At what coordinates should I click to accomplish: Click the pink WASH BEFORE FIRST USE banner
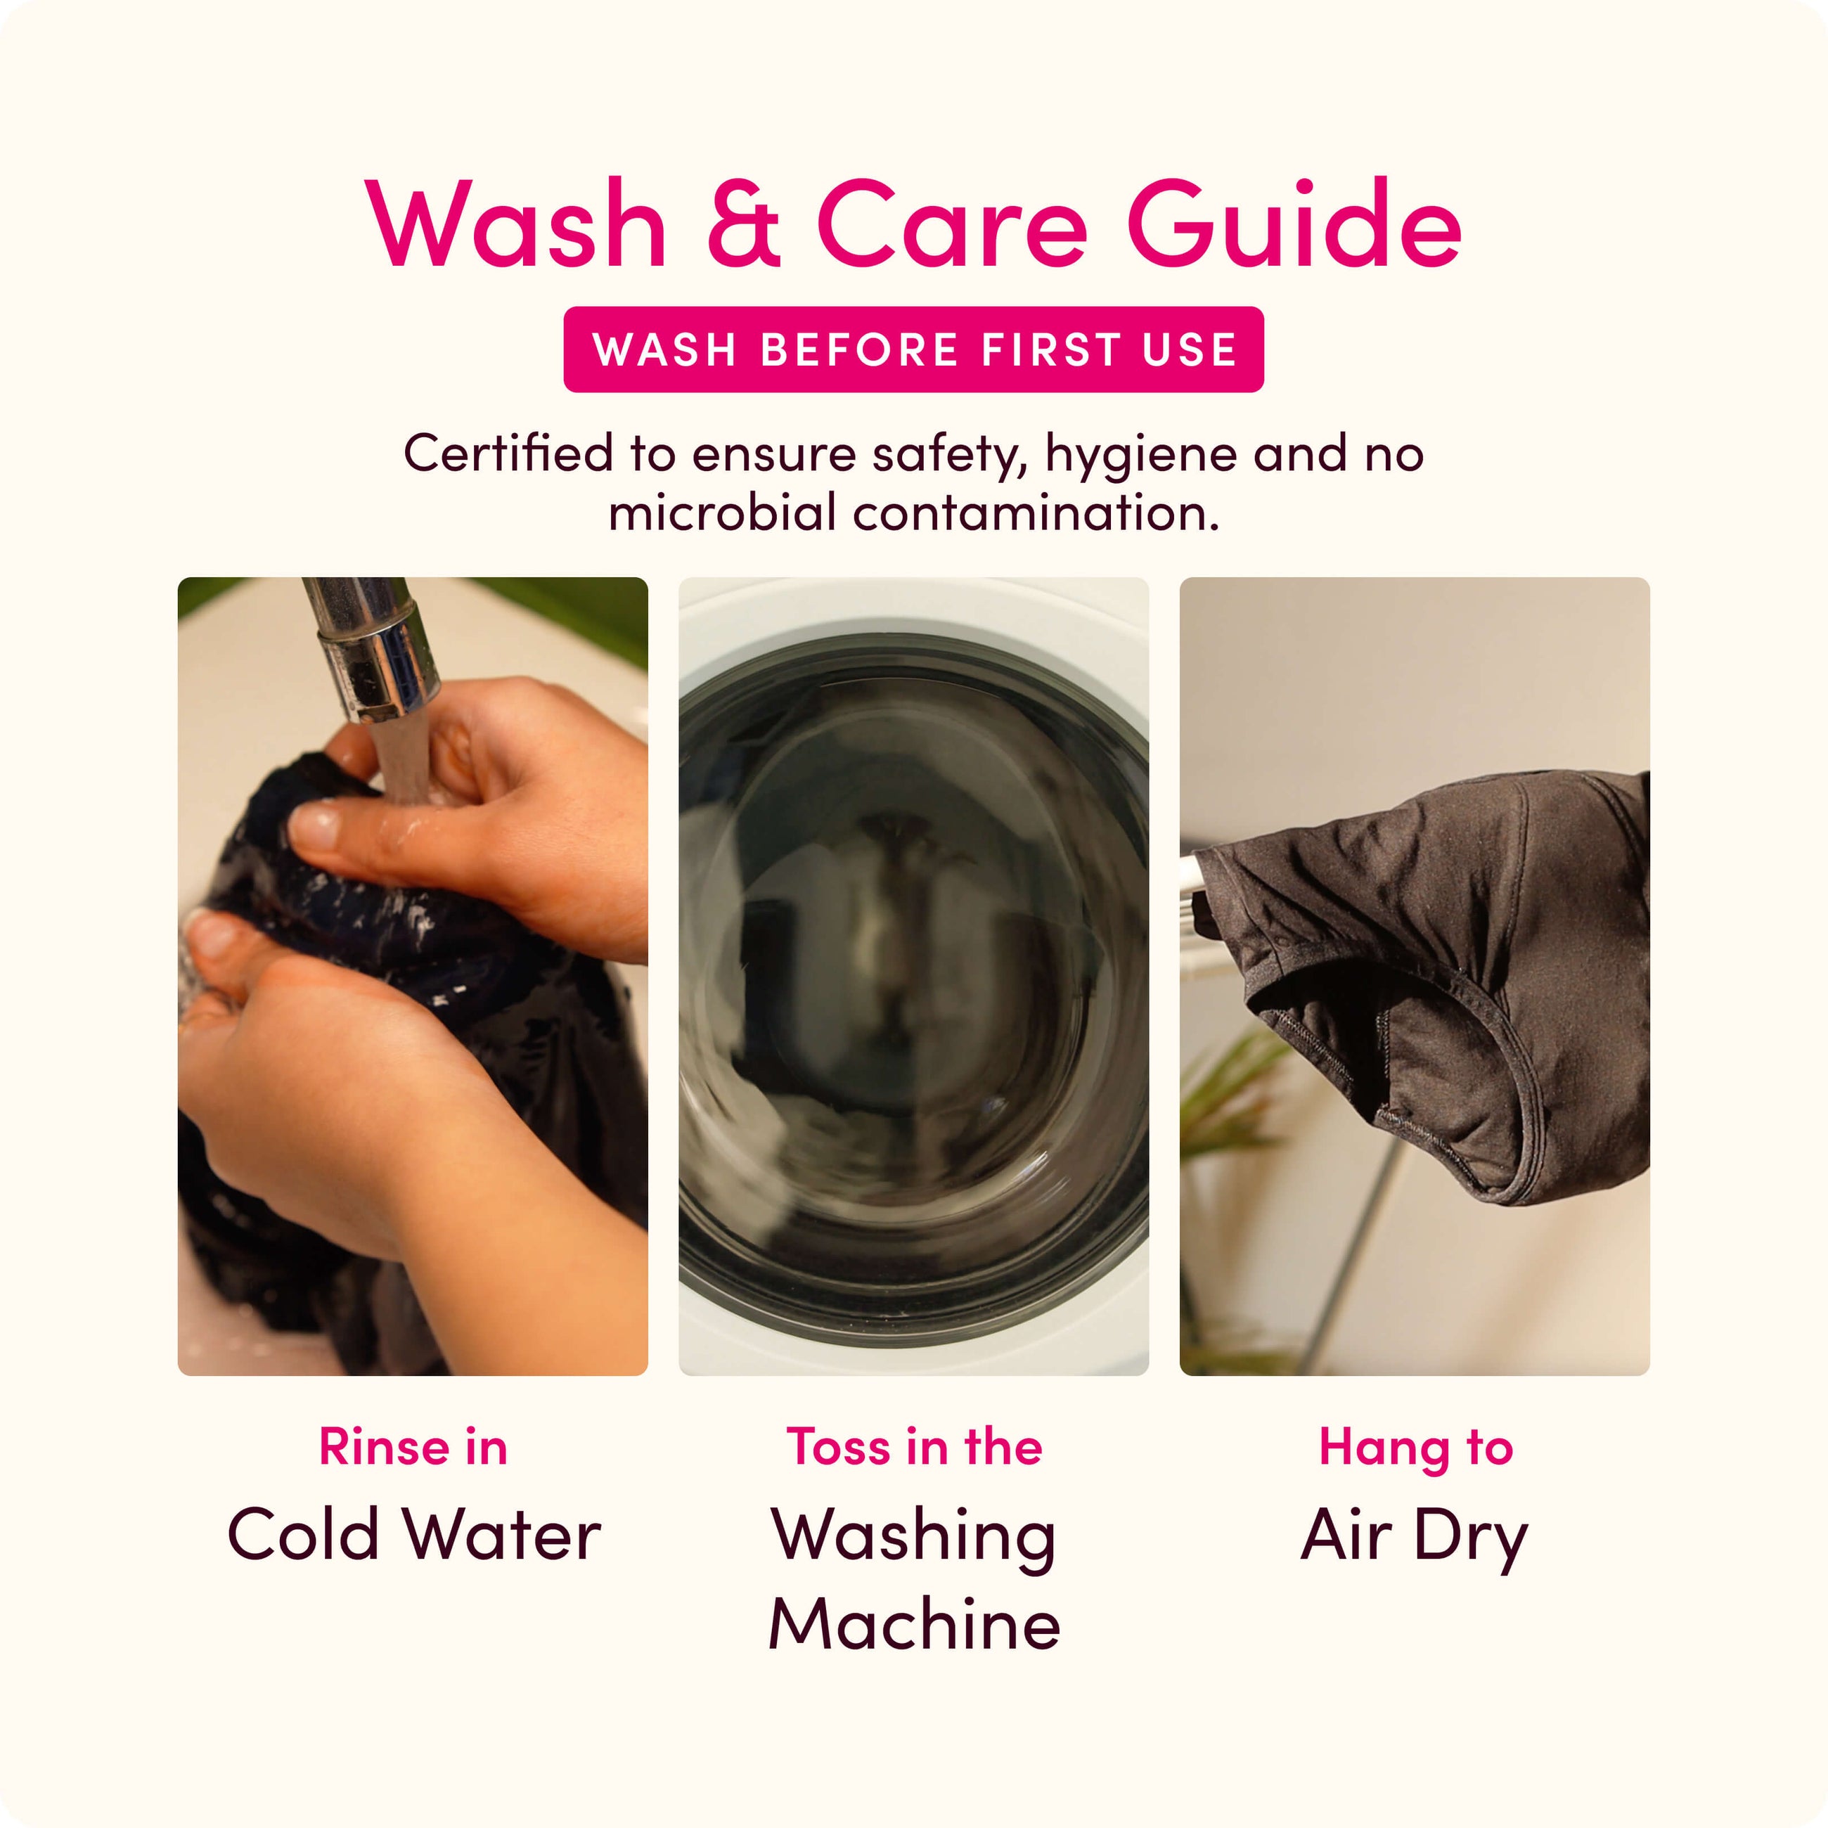click(x=913, y=349)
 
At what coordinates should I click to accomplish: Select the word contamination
click(x=1035, y=513)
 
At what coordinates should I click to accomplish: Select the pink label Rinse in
click(x=413, y=1447)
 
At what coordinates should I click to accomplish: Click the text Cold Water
click(x=413, y=1533)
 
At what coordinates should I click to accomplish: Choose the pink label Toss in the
click(x=914, y=1447)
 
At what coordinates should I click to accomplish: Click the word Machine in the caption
click(x=914, y=1623)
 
